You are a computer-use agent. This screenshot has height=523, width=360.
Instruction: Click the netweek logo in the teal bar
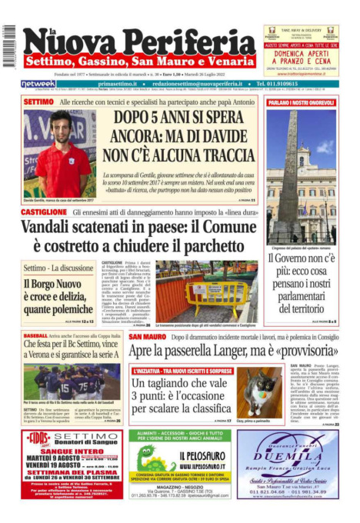38,83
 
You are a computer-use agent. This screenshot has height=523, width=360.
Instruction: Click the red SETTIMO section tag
38,102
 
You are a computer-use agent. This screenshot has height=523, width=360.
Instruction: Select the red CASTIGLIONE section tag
43,211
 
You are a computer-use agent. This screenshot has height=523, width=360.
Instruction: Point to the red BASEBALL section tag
35,337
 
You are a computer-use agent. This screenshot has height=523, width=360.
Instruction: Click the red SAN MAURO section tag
146,337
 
